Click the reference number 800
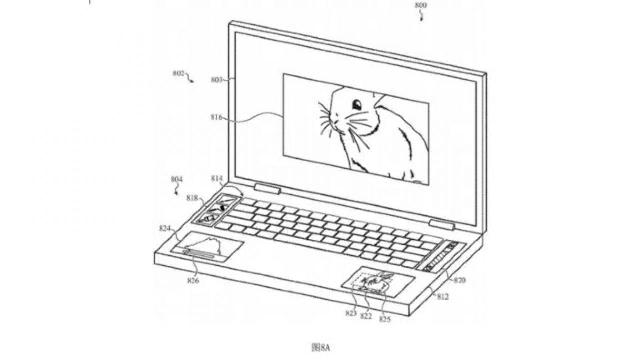coord(421,5)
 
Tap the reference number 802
coord(179,73)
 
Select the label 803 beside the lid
coord(217,80)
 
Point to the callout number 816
coord(216,117)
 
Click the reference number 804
coord(177,179)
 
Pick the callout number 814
coord(217,178)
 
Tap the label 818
coord(192,198)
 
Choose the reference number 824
coord(165,228)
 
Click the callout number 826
coord(193,281)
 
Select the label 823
coord(351,313)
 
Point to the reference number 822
coord(366,316)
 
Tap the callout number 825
coord(384,319)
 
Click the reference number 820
coord(460,280)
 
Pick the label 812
coord(443,297)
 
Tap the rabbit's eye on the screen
coord(357,104)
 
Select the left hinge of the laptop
coord(267,189)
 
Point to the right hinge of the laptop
coord(442,225)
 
